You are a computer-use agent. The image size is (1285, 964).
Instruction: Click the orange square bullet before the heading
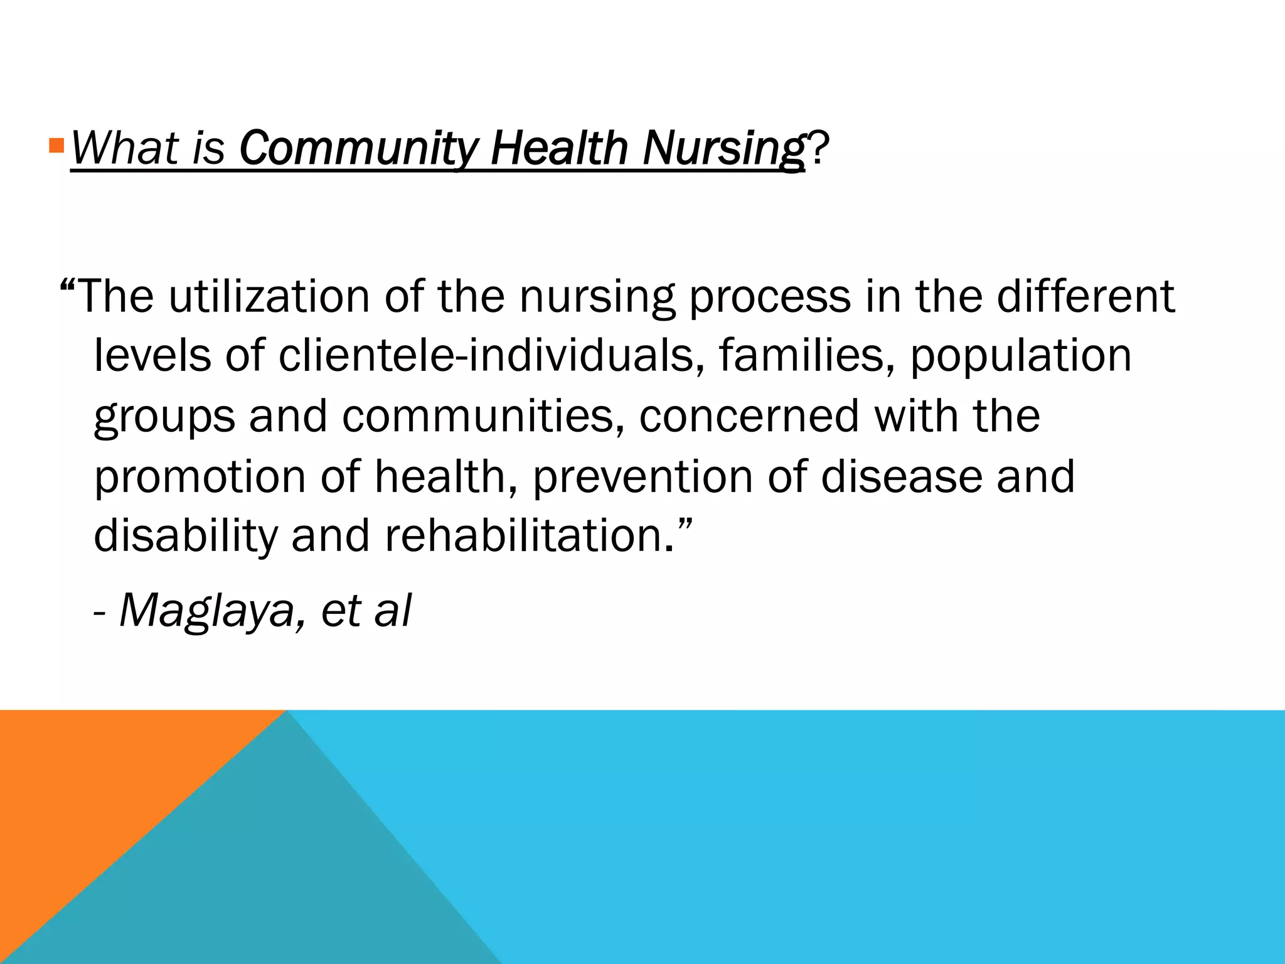click(56, 146)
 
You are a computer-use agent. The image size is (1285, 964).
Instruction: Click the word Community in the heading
click(358, 148)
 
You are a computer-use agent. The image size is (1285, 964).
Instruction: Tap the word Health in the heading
click(558, 148)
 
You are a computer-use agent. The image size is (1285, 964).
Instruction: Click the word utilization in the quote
click(269, 296)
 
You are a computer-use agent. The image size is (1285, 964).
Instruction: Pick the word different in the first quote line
click(1085, 296)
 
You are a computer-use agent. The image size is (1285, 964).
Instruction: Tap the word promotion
click(200, 477)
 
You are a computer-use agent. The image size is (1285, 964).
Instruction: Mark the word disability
click(185, 536)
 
